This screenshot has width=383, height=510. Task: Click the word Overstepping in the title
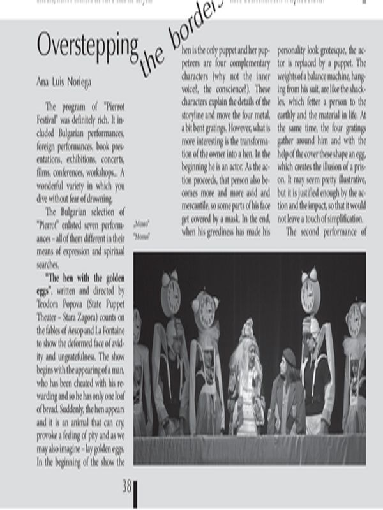87,47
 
